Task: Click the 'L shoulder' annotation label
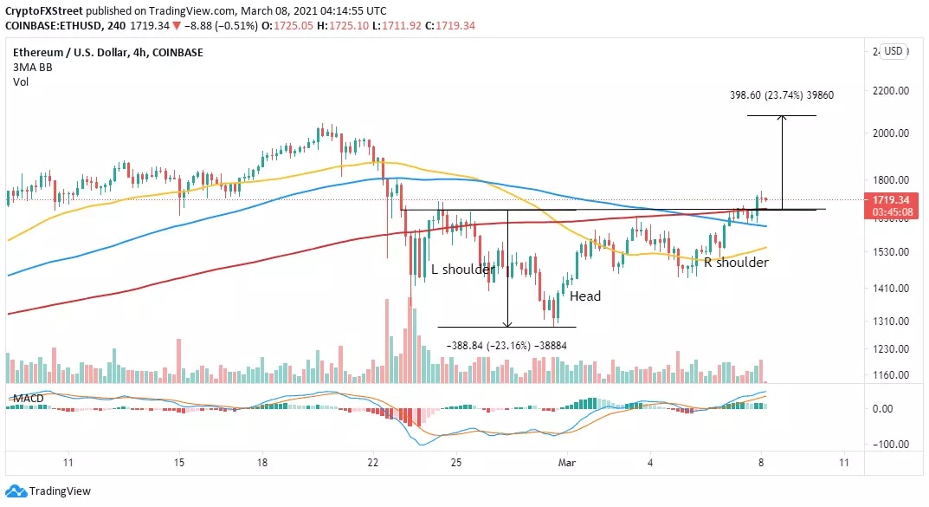point(463,270)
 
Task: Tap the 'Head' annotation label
point(584,296)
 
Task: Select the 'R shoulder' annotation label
point(735,262)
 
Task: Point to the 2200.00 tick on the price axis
point(892,91)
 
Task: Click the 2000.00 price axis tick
point(892,133)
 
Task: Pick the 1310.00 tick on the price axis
point(892,321)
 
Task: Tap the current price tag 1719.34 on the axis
point(892,199)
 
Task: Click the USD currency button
point(893,51)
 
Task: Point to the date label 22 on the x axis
point(373,464)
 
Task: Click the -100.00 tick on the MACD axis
point(892,444)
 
